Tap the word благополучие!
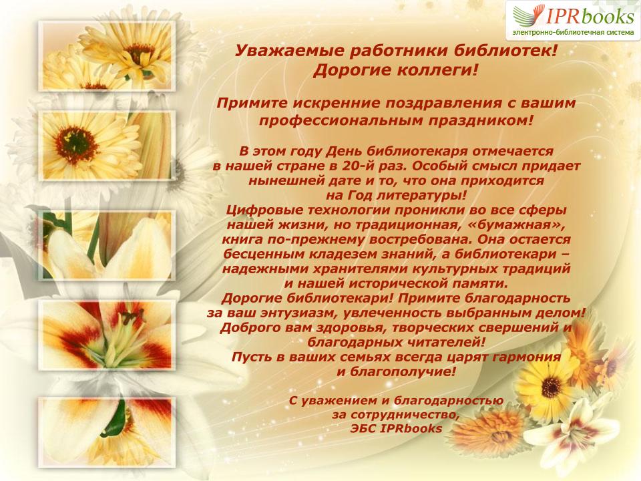tap(403, 372)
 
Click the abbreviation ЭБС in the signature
tap(363, 429)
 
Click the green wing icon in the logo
tap(527, 15)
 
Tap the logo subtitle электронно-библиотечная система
tap(573, 32)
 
